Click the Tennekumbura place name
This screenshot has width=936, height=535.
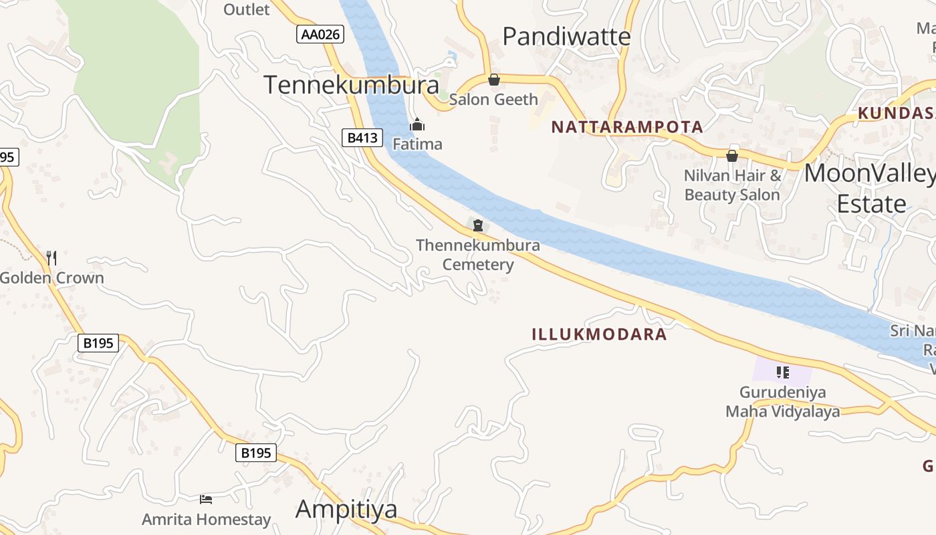pyautogui.click(x=351, y=85)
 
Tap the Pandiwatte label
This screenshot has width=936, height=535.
pyautogui.click(x=566, y=37)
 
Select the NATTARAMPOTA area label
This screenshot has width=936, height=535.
pyautogui.click(x=627, y=127)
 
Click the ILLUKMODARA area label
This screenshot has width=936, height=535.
pyautogui.click(x=599, y=334)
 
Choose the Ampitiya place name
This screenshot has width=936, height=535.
pyautogui.click(x=346, y=509)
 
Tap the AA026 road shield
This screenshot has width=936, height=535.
pyautogui.click(x=320, y=34)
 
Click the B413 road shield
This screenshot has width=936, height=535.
pyautogui.click(x=362, y=138)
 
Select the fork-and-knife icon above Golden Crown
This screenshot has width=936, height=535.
pyautogui.click(x=51, y=257)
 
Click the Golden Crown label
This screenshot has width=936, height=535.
pyautogui.click(x=52, y=278)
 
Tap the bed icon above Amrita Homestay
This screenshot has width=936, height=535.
pyautogui.click(x=206, y=499)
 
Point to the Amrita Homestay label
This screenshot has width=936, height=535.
pyautogui.click(x=206, y=519)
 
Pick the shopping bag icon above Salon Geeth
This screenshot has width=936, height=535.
pyautogui.click(x=494, y=80)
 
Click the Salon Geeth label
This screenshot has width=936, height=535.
pyautogui.click(x=493, y=100)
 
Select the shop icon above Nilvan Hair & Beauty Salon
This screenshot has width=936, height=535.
pyautogui.click(x=732, y=156)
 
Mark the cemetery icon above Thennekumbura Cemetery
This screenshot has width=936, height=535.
pyautogui.click(x=478, y=225)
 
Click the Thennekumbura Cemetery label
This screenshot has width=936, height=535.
pyautogui.click(x=478, y=255)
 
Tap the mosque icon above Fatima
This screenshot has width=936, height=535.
pyautogui.click(x=417, y=125)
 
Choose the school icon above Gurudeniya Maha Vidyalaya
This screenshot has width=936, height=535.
pyautogui.click(x=783, y=372)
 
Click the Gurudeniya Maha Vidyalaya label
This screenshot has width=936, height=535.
pyautogui.click(x=783, y=402)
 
